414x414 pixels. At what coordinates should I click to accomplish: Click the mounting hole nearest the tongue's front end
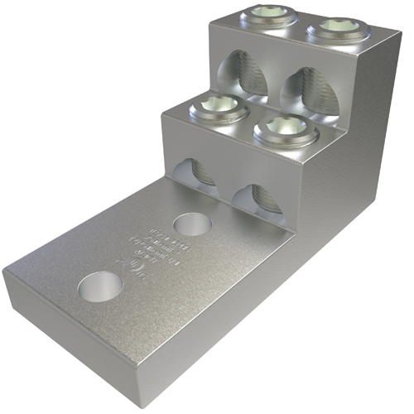tap(100, 286)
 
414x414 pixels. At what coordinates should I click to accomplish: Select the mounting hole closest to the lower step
tap(192, 224)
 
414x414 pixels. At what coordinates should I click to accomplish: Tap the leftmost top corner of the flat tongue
tap(4, 272)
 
